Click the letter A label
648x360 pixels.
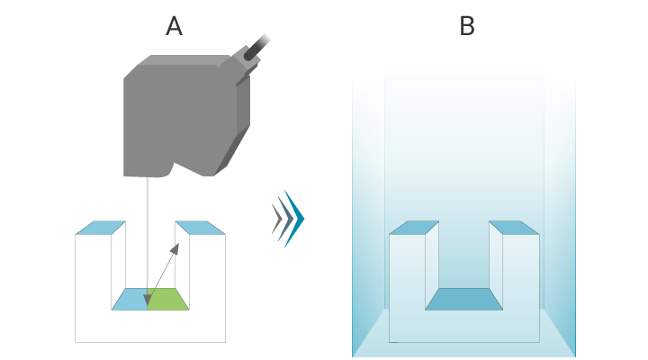click(175, 26)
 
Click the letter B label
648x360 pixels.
click(466, 26)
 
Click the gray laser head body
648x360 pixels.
click(175, 112)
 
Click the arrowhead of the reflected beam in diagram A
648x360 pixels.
click(177, 246)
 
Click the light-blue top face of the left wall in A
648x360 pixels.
click(95, 228)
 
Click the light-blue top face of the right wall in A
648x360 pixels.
click(199, 228)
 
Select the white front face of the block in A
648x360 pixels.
click(148, 327)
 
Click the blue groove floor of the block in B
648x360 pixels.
click(463, 301)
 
